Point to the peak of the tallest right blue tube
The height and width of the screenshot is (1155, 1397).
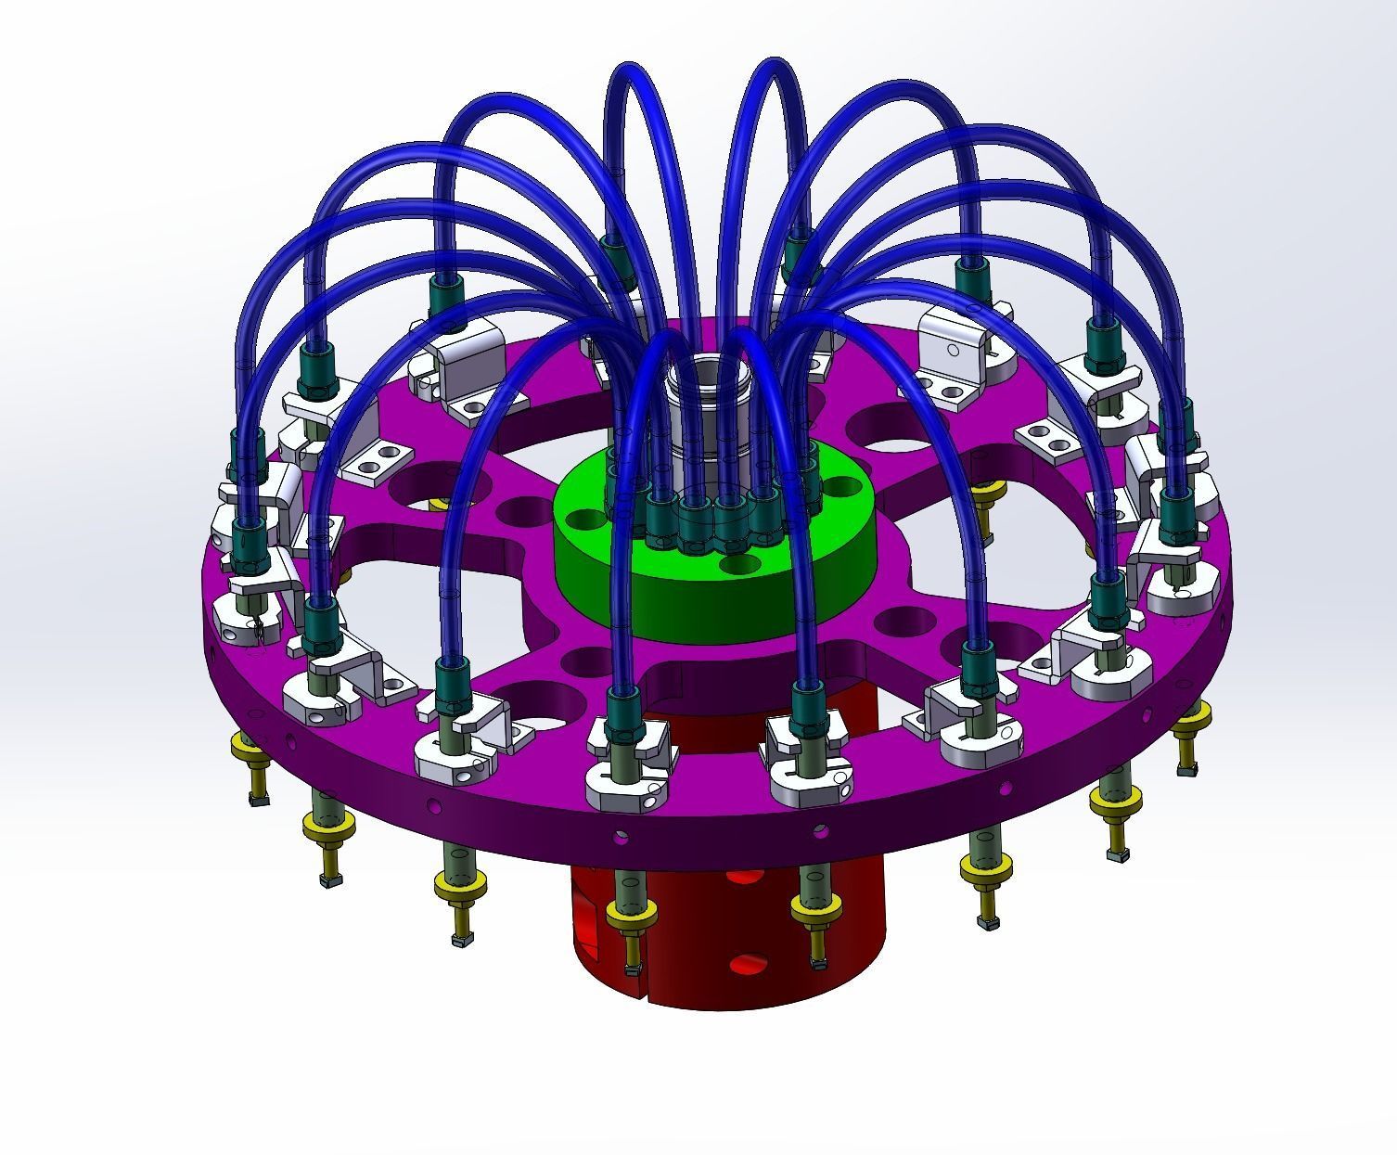tap(770, 65)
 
